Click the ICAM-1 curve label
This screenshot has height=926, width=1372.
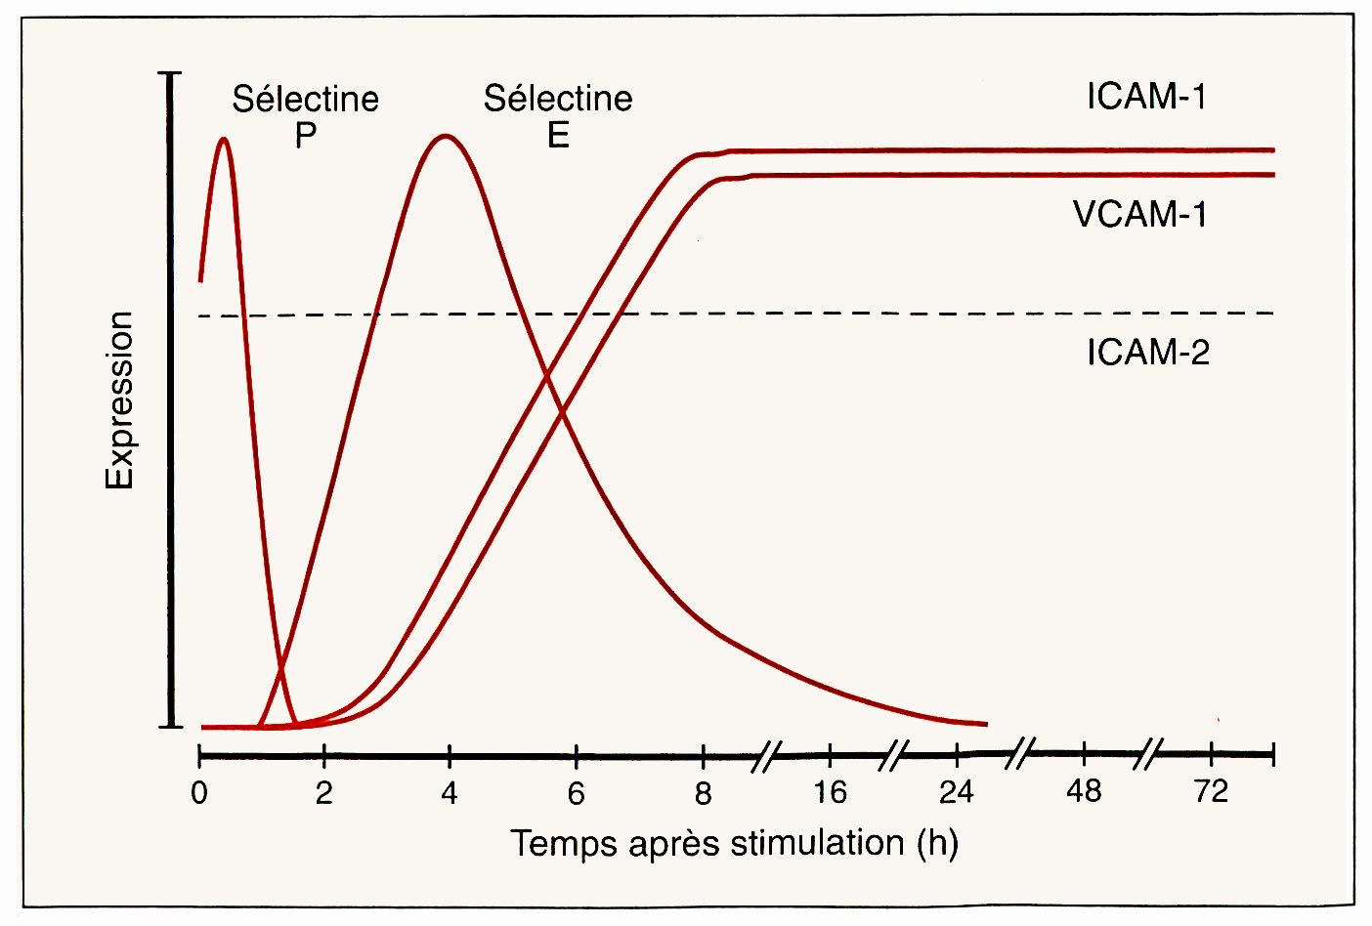pyautogui.click(x=1146, y=97)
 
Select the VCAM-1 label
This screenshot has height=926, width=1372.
pyautogui.click(x=1139, y=214)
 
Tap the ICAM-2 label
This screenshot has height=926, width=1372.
pyautogui.click(x=1147, y=352)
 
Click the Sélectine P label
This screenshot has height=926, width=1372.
pyautogui.click(x=305, y=116)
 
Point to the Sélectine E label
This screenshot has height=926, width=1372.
pyautogui.click(x=558, y=116)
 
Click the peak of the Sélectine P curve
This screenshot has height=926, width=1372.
pyautogui.click(x=224, y=139)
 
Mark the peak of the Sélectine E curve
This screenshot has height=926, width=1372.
pyautogui.click(x=446, y=136)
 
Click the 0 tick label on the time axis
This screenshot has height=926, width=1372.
pyautogui.click(x=199, y=793)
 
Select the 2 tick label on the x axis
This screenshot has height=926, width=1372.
pyautogui.click(x=323, y=793)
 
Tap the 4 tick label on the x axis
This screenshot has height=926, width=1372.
pyautogui.click(x=449, y=793)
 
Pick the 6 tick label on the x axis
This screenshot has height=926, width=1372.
pyautogui.click(x=576, y=793)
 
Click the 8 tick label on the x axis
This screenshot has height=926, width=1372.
pyautogui.click(x=703, y=793)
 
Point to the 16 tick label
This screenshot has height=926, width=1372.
pyautogui.click(x=830, y=792)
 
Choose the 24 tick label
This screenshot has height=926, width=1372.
pyautogui.click(x=957, y=792)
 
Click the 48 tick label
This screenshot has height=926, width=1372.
pyautogui.click(x=1084, y=791)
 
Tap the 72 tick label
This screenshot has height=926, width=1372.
pyautogui.click(x=1211, y=791)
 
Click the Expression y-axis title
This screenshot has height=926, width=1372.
pyautogui.click(x=119, y=400)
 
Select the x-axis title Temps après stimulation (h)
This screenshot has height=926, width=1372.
pyautogui.click(x=734, y=843)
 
